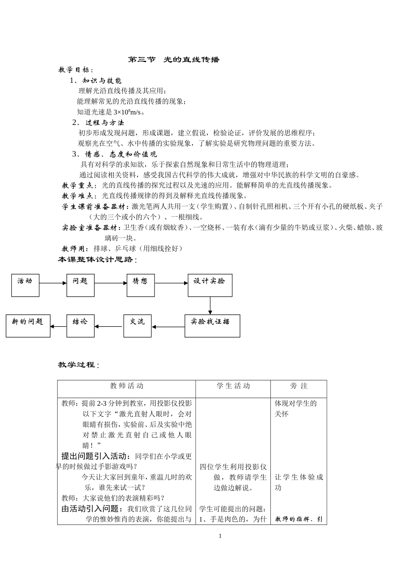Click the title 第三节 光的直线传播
pyautogui.click(x=174, y=60)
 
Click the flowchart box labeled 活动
pyautogui.click(x=25, y=285)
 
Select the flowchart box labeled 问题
pyautogui.click(x=80, y=285)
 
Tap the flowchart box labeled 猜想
pyautogui.click(x=140, y=285)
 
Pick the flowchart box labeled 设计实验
pyautogui.click(x=210, y=285)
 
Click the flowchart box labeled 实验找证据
pyautogui.click(x=212, y=326)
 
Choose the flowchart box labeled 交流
pyautogui.click(x=137, y=326)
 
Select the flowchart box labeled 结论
pyautogui.click(x=80, y=326)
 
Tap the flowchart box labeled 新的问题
pyautogui.click(x=28, y=326)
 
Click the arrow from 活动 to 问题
pyautogui.click(x=52, y=284)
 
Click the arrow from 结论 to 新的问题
pyautogui.click(x=58, y=326)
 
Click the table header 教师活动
pyautogui.click(x=127, y=386)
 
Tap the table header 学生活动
pyautogui.click(x=233, y=386)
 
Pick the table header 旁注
pyautogui.click(x=299, y=386)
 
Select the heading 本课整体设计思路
pyautogui.click(x=97, y=260)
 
